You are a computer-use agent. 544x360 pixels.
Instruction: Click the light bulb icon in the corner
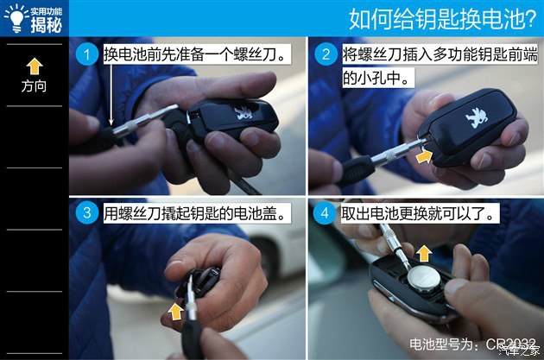[x=16, y=18]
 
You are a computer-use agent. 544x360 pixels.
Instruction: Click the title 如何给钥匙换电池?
[x=443, y=18]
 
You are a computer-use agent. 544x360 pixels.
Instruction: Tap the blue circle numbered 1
[x=86, y=54]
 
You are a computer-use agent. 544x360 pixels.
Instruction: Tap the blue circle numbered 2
[x=326, y=54]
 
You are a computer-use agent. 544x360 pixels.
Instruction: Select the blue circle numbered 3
[x=86, y=212]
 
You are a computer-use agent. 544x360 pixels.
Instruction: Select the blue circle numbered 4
[x=325, y=212]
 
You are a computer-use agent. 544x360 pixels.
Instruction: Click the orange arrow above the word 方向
[x=35, y=66]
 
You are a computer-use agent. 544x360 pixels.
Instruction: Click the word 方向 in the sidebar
[x=34, y=85]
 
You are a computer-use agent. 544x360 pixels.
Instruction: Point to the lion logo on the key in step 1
[x=244, y=113]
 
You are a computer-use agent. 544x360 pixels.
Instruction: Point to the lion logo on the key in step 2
[x=476, y=117]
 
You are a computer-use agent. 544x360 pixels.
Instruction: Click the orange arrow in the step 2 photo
[x=424, y=155]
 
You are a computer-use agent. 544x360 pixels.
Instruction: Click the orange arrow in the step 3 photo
[x=176, y=311]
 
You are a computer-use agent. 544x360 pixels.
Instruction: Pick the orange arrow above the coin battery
[x=424, y=254]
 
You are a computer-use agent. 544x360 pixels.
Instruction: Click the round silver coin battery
[x=424, y=278]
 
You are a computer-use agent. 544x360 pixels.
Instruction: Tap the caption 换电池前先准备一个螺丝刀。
[x=196, y=54]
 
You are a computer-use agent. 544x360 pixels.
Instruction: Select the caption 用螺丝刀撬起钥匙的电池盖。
[x=196, y=213]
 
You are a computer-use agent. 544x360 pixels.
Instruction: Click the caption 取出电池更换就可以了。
[x=419, y=213]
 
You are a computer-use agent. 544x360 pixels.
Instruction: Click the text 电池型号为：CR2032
[x=472, y=344]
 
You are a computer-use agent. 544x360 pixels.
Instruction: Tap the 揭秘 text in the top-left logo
[x=47, y=25]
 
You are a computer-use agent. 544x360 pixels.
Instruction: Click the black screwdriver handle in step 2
[x=355, y=170]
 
